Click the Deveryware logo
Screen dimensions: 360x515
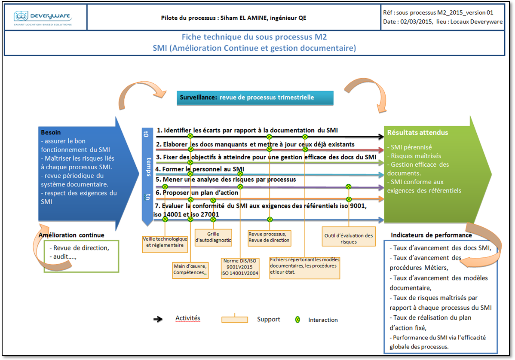[x=43, y=17]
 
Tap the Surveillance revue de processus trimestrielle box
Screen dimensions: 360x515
[x=255, y=98]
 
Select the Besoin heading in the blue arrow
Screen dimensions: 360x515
[x=51, y=132]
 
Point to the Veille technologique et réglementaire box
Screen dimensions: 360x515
[x=165, y=242]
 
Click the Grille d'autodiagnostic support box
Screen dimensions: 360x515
[x=213, y=237]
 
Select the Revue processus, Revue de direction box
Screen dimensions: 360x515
[x=269, y=237]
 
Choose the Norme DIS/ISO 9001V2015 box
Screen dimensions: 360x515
[x=240, y=267]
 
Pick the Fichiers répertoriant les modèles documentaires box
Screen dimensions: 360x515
[x=305, y=265]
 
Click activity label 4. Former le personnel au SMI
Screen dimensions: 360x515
[x=200, y=169]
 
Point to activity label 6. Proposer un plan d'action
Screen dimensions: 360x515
[x=197, y=192]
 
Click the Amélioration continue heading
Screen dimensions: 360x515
[x=71, y=235]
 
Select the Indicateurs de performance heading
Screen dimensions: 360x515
[x=431, y=235]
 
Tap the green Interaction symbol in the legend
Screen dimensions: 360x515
[x=297, y=320]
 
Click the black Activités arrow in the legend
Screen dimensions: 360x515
[x=158, y=319]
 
